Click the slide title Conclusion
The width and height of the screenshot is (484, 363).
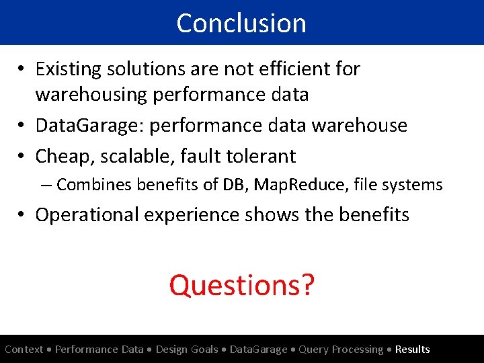point(241,23)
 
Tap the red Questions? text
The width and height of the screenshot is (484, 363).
point(241,285)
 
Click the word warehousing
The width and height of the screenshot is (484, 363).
point(91,95)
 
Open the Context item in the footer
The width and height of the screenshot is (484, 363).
point(24,350)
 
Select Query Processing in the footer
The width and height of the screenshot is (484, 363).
point(341,350)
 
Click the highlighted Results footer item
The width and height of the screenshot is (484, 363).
point(412,350)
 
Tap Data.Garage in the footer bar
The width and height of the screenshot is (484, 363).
point(259,350)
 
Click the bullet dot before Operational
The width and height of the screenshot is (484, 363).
point(23,215)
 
